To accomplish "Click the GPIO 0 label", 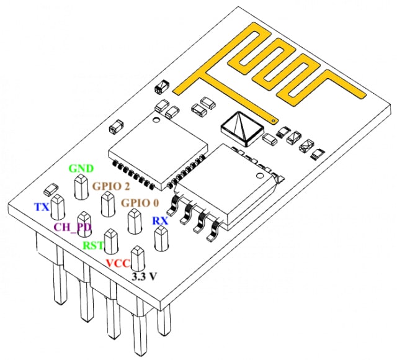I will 140,203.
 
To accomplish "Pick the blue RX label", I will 159,221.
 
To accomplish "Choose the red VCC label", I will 118,263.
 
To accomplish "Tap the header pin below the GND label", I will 80,187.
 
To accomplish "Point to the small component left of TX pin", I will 51,187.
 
